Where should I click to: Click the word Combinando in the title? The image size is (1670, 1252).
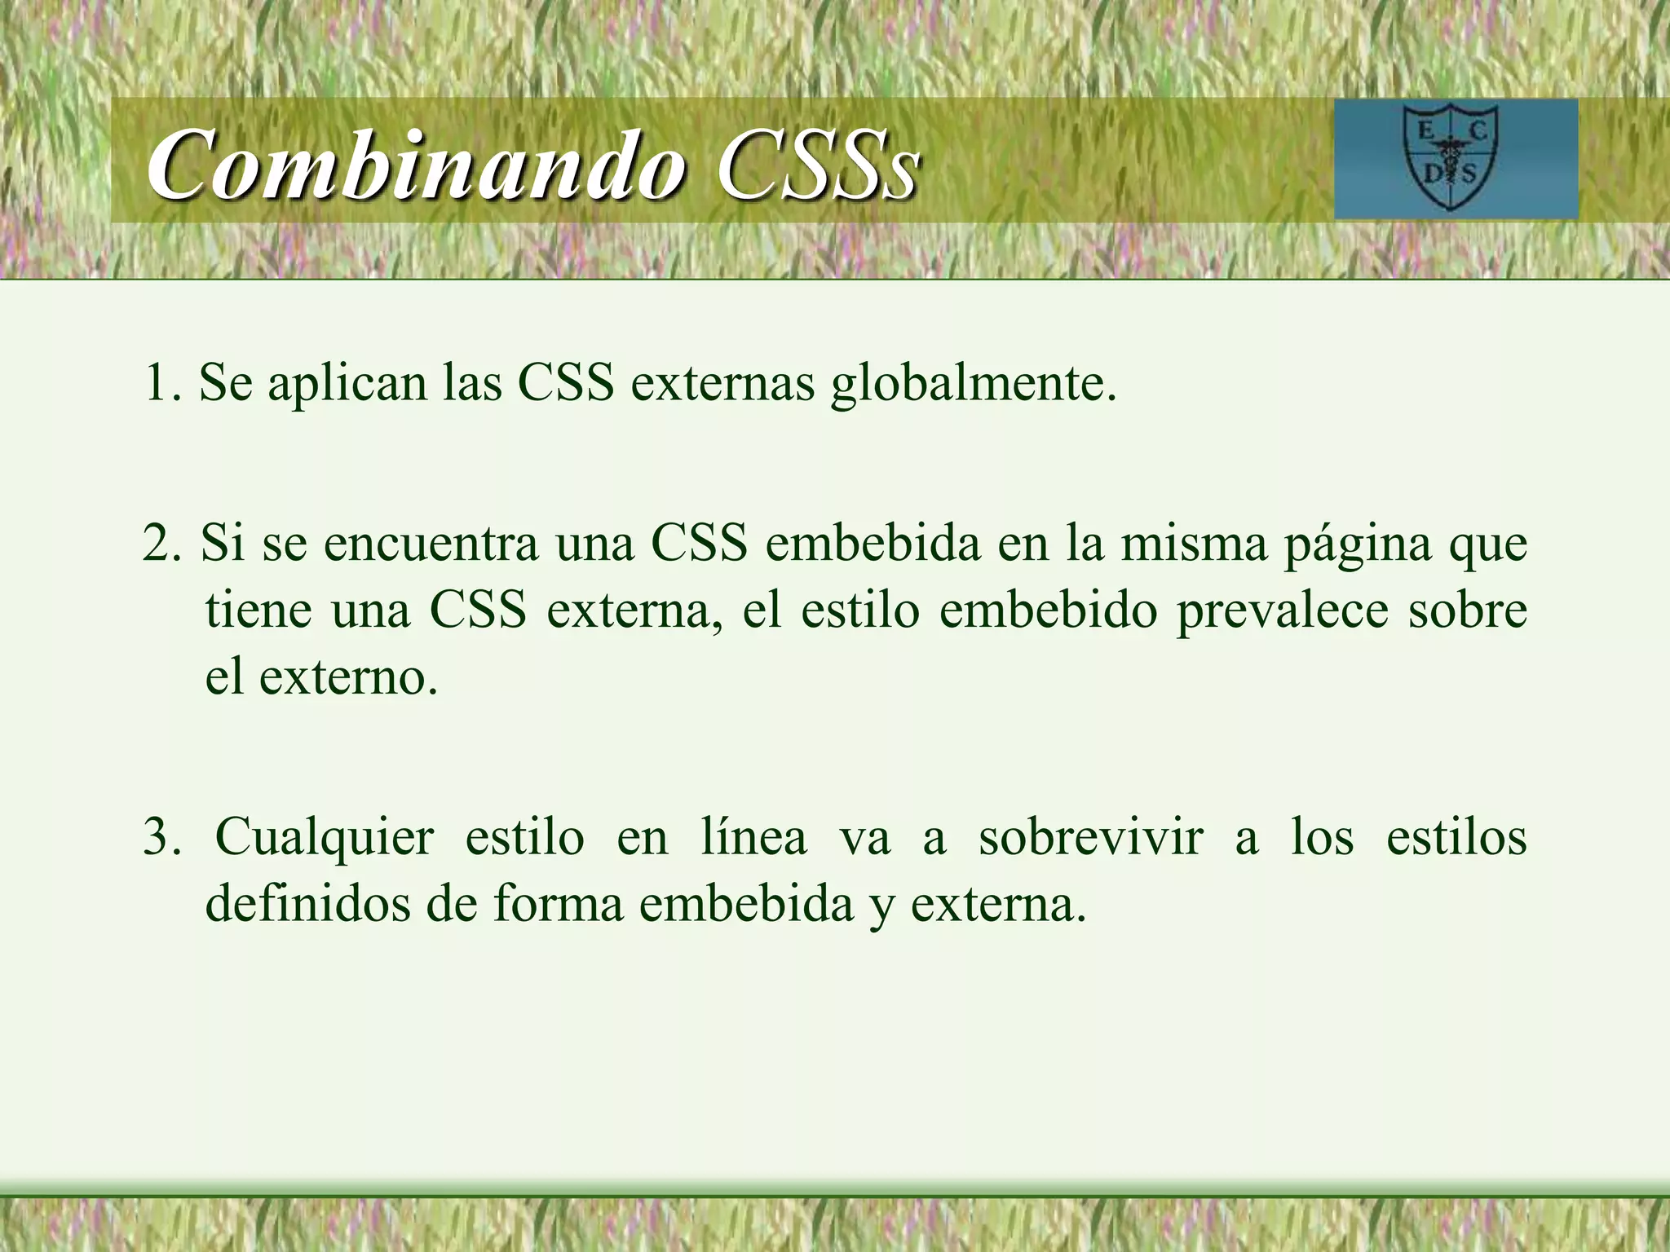pyautogui.click(x=416, y=165)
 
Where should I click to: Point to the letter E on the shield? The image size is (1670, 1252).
pyautogui.click(x=1426, y=130)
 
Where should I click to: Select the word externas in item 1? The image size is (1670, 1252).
pyautogui.click(x=722, y=382)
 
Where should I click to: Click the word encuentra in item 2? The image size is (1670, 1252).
pyautogui.click(x=431, y=543)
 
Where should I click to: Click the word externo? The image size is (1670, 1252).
pyautogui.click(x=347, y=677)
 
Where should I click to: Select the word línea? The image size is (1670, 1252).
pyautogui.click(x=753, y=836)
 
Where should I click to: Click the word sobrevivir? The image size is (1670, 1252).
pyautogui.click(x=1090, y=836)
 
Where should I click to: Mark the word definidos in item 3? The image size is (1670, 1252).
pyautogui.click(x=307, y=903)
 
